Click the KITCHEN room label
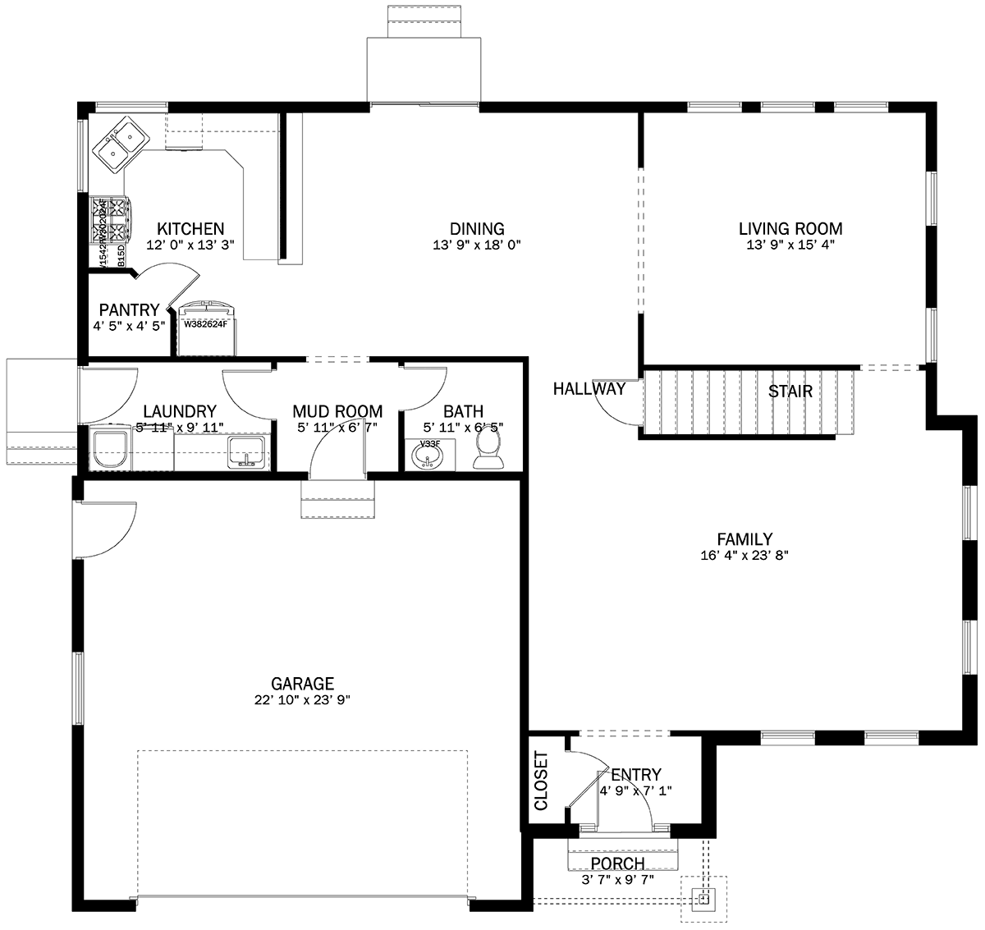[190, 229]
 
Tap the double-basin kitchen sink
[120, 142]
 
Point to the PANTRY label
[129, 310]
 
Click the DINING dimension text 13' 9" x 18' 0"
[477, 245]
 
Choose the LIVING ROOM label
[790, 229]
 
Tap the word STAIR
[790, 392]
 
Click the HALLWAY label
[589, 389]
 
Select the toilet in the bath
[489, 450]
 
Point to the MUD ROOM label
[337, 411]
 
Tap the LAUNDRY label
[179, 411]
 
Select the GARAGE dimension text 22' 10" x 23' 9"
[303, 700]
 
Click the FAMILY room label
[744, 539]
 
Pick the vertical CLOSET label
[541, 781]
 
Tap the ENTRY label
[635, 775]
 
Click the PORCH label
[617, 864]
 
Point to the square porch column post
[703, 899]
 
